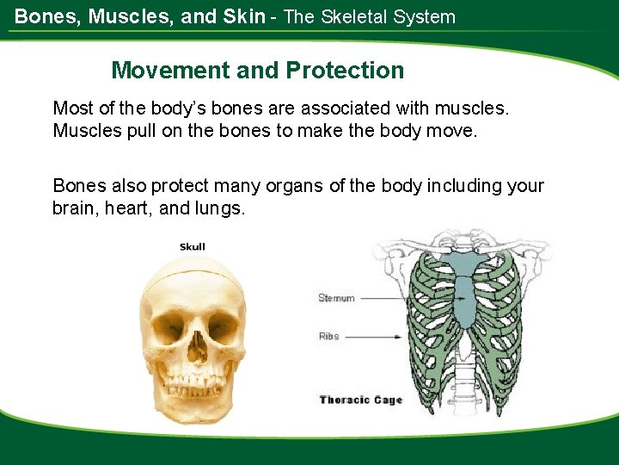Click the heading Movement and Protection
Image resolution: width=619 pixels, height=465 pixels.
point(257,71)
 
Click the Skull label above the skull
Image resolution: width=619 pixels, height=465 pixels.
point(193,247)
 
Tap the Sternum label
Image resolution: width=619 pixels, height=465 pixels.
point(336,298)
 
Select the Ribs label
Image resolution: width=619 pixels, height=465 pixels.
point(329,336)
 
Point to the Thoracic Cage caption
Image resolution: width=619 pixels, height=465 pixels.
point(360,400)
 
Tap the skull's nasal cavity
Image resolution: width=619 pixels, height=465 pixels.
point(197,348)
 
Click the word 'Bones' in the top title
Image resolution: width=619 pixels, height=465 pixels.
point(42,16)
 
